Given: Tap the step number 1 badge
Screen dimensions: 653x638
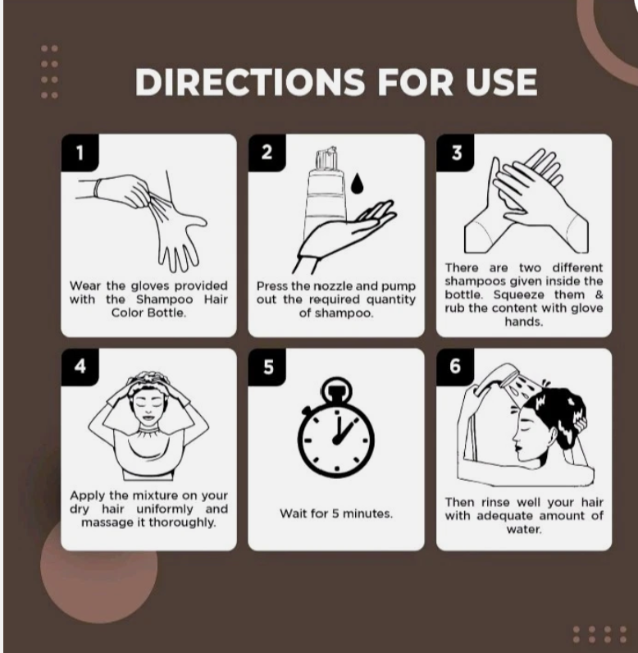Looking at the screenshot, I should [80, 153].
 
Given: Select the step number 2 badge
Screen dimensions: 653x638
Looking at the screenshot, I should [267, 153].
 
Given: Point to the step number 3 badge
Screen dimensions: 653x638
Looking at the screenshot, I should [455, 153].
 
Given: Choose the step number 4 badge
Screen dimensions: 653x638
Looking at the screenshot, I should [80, 367].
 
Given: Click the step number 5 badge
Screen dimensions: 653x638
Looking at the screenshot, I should [267, 367].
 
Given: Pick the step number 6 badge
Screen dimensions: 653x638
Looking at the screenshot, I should [455, 367].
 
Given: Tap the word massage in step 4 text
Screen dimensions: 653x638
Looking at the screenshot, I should [106, 523].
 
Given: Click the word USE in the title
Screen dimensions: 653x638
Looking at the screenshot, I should [502, 82].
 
